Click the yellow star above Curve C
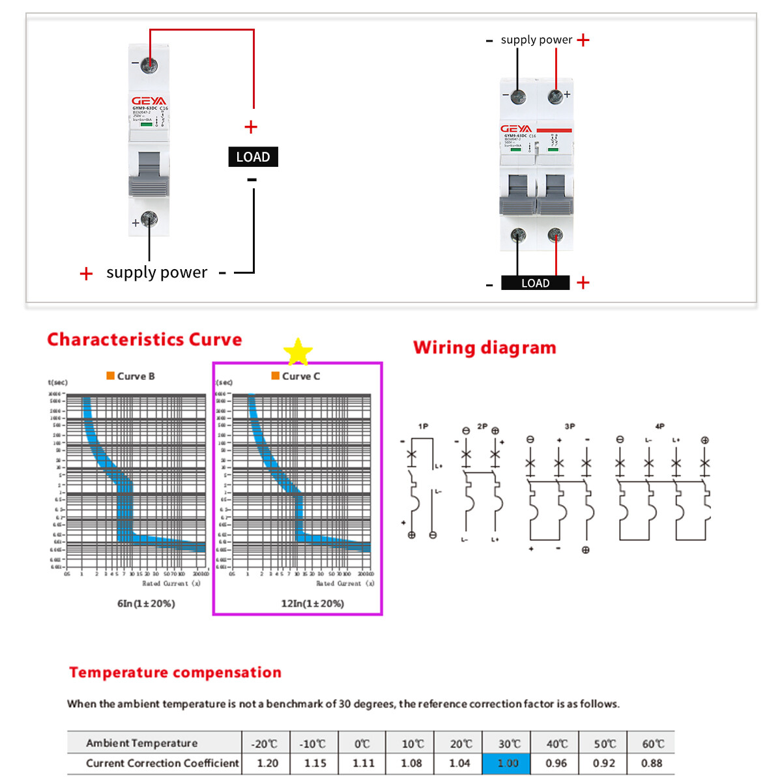(298, 353)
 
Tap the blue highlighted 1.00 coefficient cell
(507, 763)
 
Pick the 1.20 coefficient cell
(267, 763)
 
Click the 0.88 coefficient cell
(652, 763)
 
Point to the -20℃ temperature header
(265, 744)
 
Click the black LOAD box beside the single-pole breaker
(253, 157)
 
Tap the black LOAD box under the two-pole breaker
(535, 283)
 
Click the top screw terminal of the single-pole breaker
(149, 65)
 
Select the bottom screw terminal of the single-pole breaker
(149, 220)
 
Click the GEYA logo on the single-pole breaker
(149, 101)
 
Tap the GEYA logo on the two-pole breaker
(517, 129)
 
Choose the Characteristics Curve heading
(145, 340)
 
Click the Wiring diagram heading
(485, 347)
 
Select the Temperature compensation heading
(175, 673)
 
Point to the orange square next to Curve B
(111, 376)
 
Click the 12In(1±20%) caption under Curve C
(312, 603)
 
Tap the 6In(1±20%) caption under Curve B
(146, 603)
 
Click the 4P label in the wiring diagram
(659, 426)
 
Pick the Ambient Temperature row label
(142, 744)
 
